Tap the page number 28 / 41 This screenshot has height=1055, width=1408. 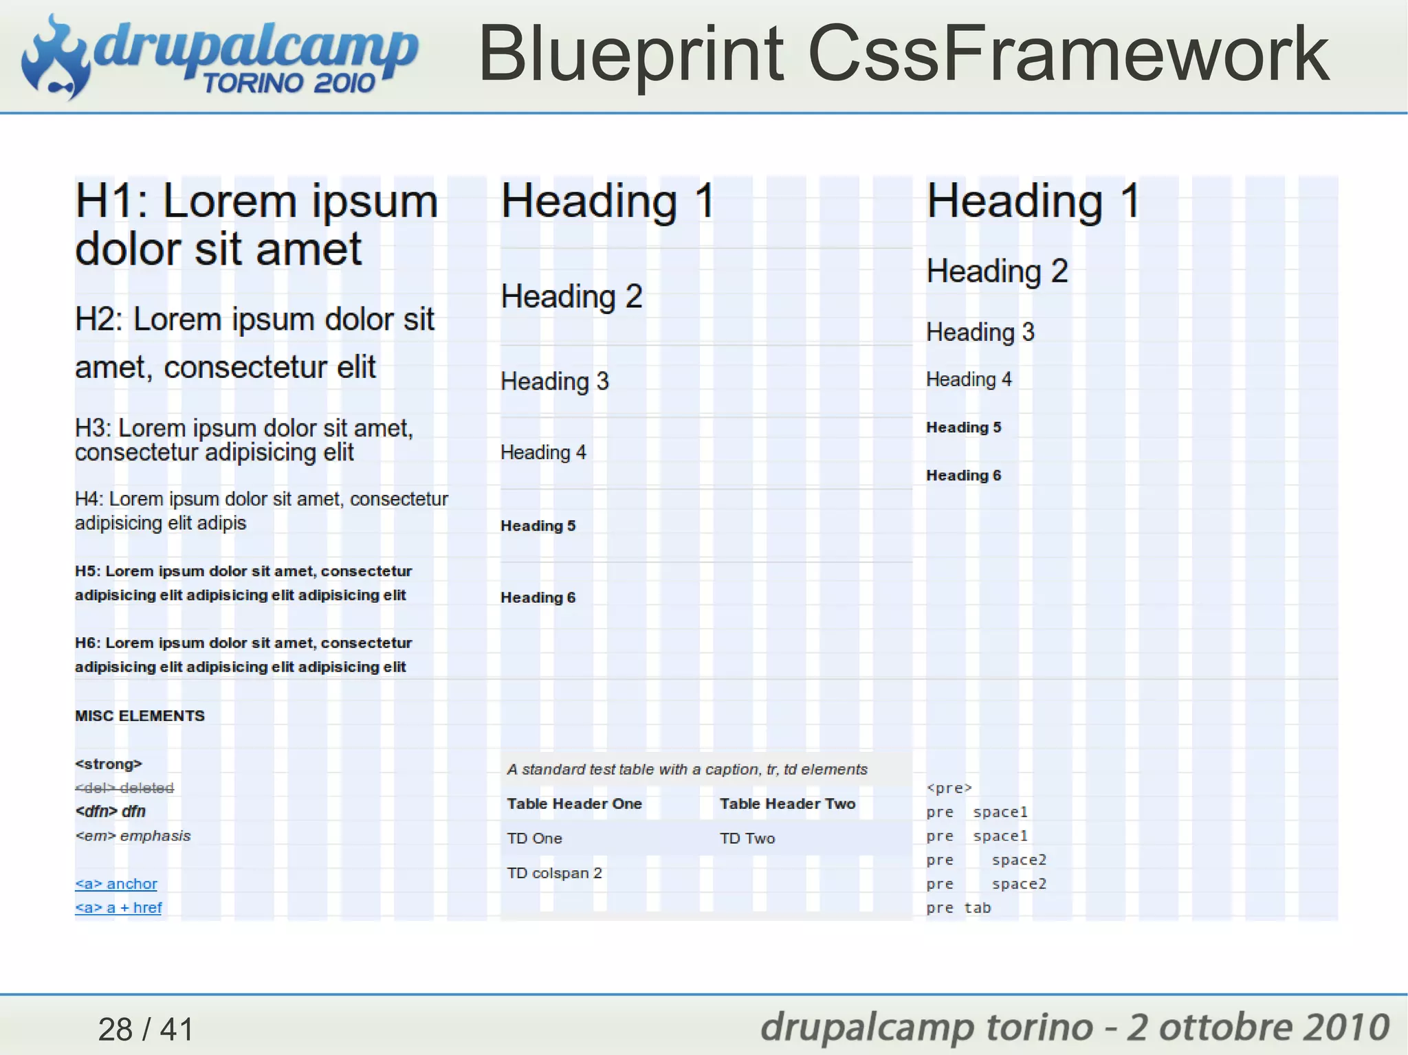click(146, 1029)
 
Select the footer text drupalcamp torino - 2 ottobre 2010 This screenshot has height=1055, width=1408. click(1075, 1027)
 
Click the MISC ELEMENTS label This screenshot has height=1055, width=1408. click(140, 715)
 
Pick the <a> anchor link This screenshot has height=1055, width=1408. click(116, 884)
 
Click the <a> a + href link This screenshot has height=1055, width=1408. click(118, 907)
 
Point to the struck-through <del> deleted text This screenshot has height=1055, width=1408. click(124, 788)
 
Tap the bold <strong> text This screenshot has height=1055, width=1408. click(109, 764)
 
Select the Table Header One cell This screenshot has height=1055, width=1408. click(574, 803)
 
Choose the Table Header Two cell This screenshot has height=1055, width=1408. click(787, 803)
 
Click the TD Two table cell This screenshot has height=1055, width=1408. click(747, 839)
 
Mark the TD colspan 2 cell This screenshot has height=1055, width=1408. click(554, 873)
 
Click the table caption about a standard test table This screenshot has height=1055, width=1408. click(687, 769)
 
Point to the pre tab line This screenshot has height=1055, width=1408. click(958, 908)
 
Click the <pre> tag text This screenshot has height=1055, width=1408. click(949, 788)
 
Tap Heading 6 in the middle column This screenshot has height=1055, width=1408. click(538, 597)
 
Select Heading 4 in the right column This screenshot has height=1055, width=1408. click(969, 379)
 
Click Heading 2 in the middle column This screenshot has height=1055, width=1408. click(571, 297)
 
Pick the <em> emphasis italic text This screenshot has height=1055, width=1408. click(133, 836)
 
